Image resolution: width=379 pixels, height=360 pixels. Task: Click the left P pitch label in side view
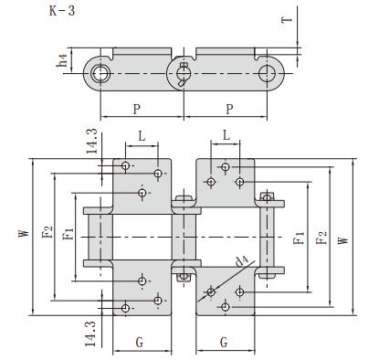[137, 108]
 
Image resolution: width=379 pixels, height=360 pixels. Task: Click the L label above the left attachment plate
[141, 135]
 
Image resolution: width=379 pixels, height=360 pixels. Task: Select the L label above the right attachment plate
[226, 135]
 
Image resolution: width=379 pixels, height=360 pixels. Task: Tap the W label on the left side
[23, 236]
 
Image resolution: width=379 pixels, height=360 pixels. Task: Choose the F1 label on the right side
[299, 239]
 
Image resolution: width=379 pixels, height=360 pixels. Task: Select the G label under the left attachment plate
[139, 343]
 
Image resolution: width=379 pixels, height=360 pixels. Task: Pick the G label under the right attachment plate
[225, 343]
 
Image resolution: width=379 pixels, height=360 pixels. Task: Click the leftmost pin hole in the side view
[100, 70]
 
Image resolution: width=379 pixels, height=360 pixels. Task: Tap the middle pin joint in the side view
[183, 70]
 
